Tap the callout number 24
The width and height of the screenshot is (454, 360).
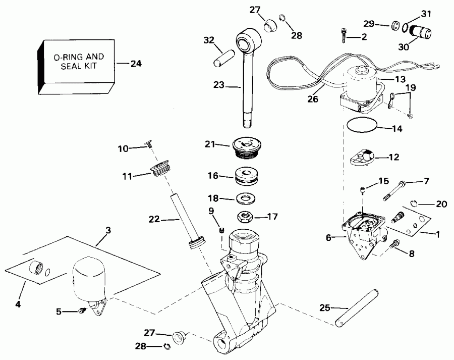[x=136, y=64]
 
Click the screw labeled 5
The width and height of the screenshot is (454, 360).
[x=82, y=313]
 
